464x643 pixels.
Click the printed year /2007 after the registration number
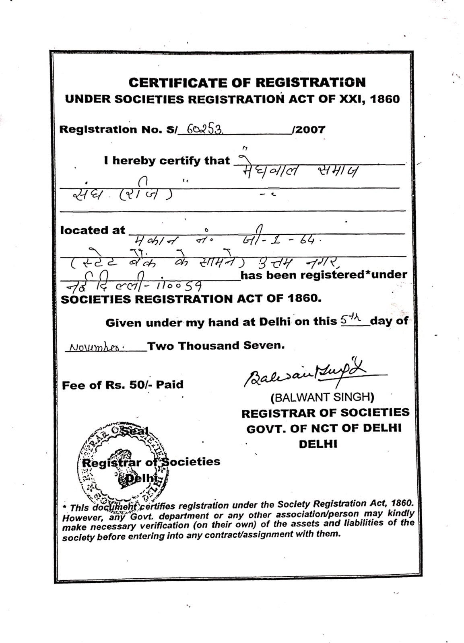pyautogui.click(x=309, y=129)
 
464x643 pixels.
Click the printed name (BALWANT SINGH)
pyautogui.click(x=322, y=397)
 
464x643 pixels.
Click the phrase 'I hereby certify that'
pyautogui.click(x=167, y=161)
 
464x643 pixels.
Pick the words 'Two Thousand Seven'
pyautogui.click(x=216, y=346)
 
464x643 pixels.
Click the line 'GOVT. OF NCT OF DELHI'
pyautogui.click(x=324, y=428)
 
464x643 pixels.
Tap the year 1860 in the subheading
pyautogui.click(x=385, y=99)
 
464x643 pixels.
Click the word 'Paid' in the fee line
pyautogui.click(x=170, y=385)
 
